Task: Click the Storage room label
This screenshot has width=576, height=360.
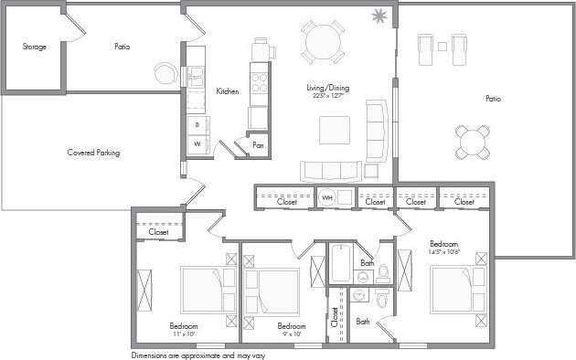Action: pos(34,47)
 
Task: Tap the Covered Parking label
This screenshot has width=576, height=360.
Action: pos(94,153)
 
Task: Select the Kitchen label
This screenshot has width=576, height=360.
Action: pos(228,91)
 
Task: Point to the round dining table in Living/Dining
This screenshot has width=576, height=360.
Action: pos(324,41)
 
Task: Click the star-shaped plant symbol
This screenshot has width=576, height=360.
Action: pos(379,16)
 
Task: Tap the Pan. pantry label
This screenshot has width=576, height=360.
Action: pos(259,144)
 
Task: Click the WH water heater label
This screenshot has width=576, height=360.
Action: pos(326,197)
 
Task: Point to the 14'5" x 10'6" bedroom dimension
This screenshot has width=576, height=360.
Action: pos(445,253)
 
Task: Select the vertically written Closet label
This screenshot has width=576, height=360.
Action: pos(336,316)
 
